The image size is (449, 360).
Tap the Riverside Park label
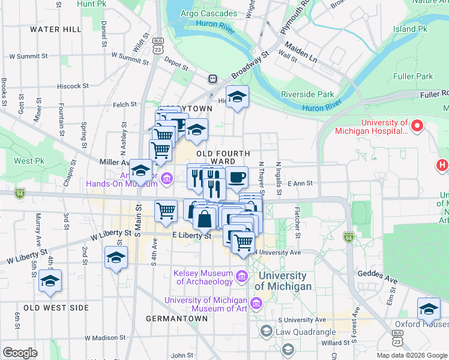point(307,94)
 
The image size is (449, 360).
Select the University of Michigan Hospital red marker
point(418,126)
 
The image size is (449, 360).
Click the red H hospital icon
point(443,164)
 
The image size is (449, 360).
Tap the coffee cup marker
point(237,177)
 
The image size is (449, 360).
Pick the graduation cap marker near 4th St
point(50,280)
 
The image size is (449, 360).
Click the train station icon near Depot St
point(212,79)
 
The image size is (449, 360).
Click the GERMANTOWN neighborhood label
point(176,318)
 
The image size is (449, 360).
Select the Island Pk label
point(410,28)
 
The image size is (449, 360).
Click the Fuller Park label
point(413,76)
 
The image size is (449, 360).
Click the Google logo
point(20,353)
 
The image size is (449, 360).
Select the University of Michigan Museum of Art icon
point(257,304)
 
